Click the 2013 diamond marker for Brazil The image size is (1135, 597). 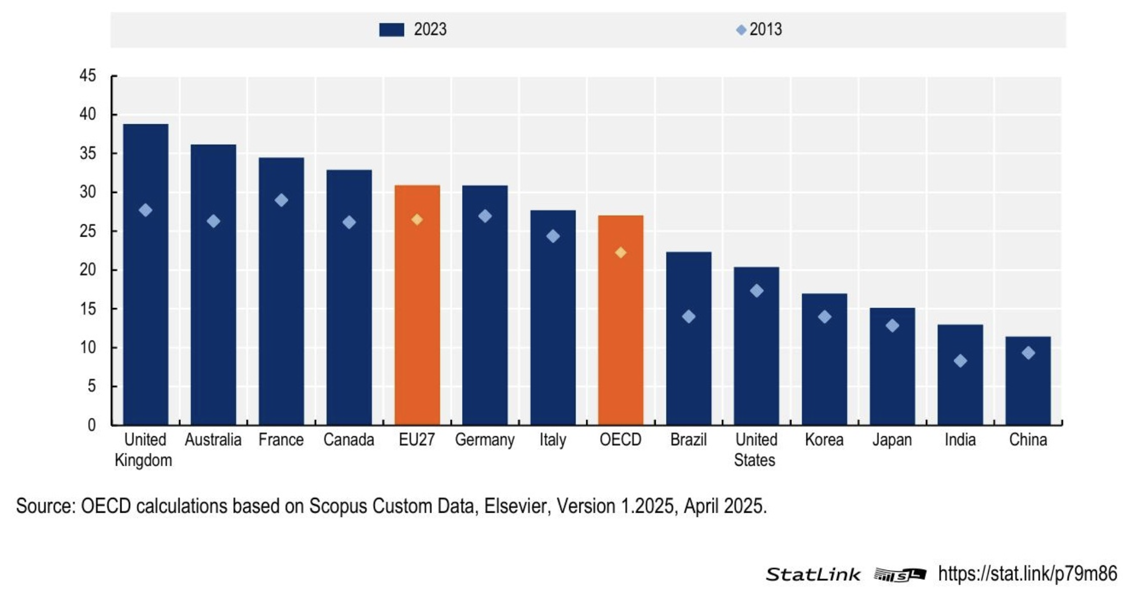[689, 316]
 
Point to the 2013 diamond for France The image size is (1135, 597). [281, 201]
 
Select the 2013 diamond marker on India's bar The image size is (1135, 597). [960, 361]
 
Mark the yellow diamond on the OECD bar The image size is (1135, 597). [620, 253]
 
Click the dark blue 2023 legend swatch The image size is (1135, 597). [391, 30]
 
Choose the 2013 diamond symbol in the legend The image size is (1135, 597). [741, 30]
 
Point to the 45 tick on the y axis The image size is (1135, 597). [88, 76]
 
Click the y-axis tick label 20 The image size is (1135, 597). [88, 270]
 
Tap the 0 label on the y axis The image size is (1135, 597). [91, 425]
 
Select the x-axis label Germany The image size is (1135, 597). [485, 440]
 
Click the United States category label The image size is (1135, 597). [756, 450]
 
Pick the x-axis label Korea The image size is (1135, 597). [824, 440]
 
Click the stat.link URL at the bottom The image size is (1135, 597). [1027, 574]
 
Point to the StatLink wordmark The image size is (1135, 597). [813, 574]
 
